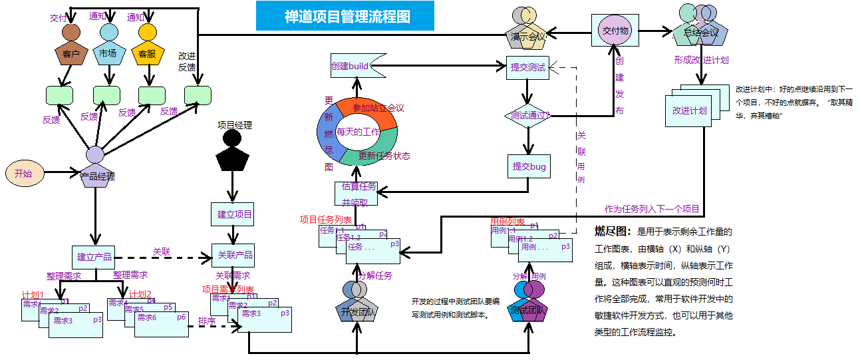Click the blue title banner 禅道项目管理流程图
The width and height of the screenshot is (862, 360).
point(345,16)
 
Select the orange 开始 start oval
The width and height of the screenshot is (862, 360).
point(24,173)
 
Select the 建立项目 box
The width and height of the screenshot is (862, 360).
point(234,214)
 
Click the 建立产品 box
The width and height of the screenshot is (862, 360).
point(94,257)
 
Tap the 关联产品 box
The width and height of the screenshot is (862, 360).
point(235,256)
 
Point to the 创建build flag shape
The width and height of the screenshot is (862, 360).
point(354,66)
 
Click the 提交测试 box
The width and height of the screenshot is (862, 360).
point(528,67)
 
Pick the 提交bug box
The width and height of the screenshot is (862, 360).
point(529,166)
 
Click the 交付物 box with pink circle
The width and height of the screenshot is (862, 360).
point(615,31)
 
